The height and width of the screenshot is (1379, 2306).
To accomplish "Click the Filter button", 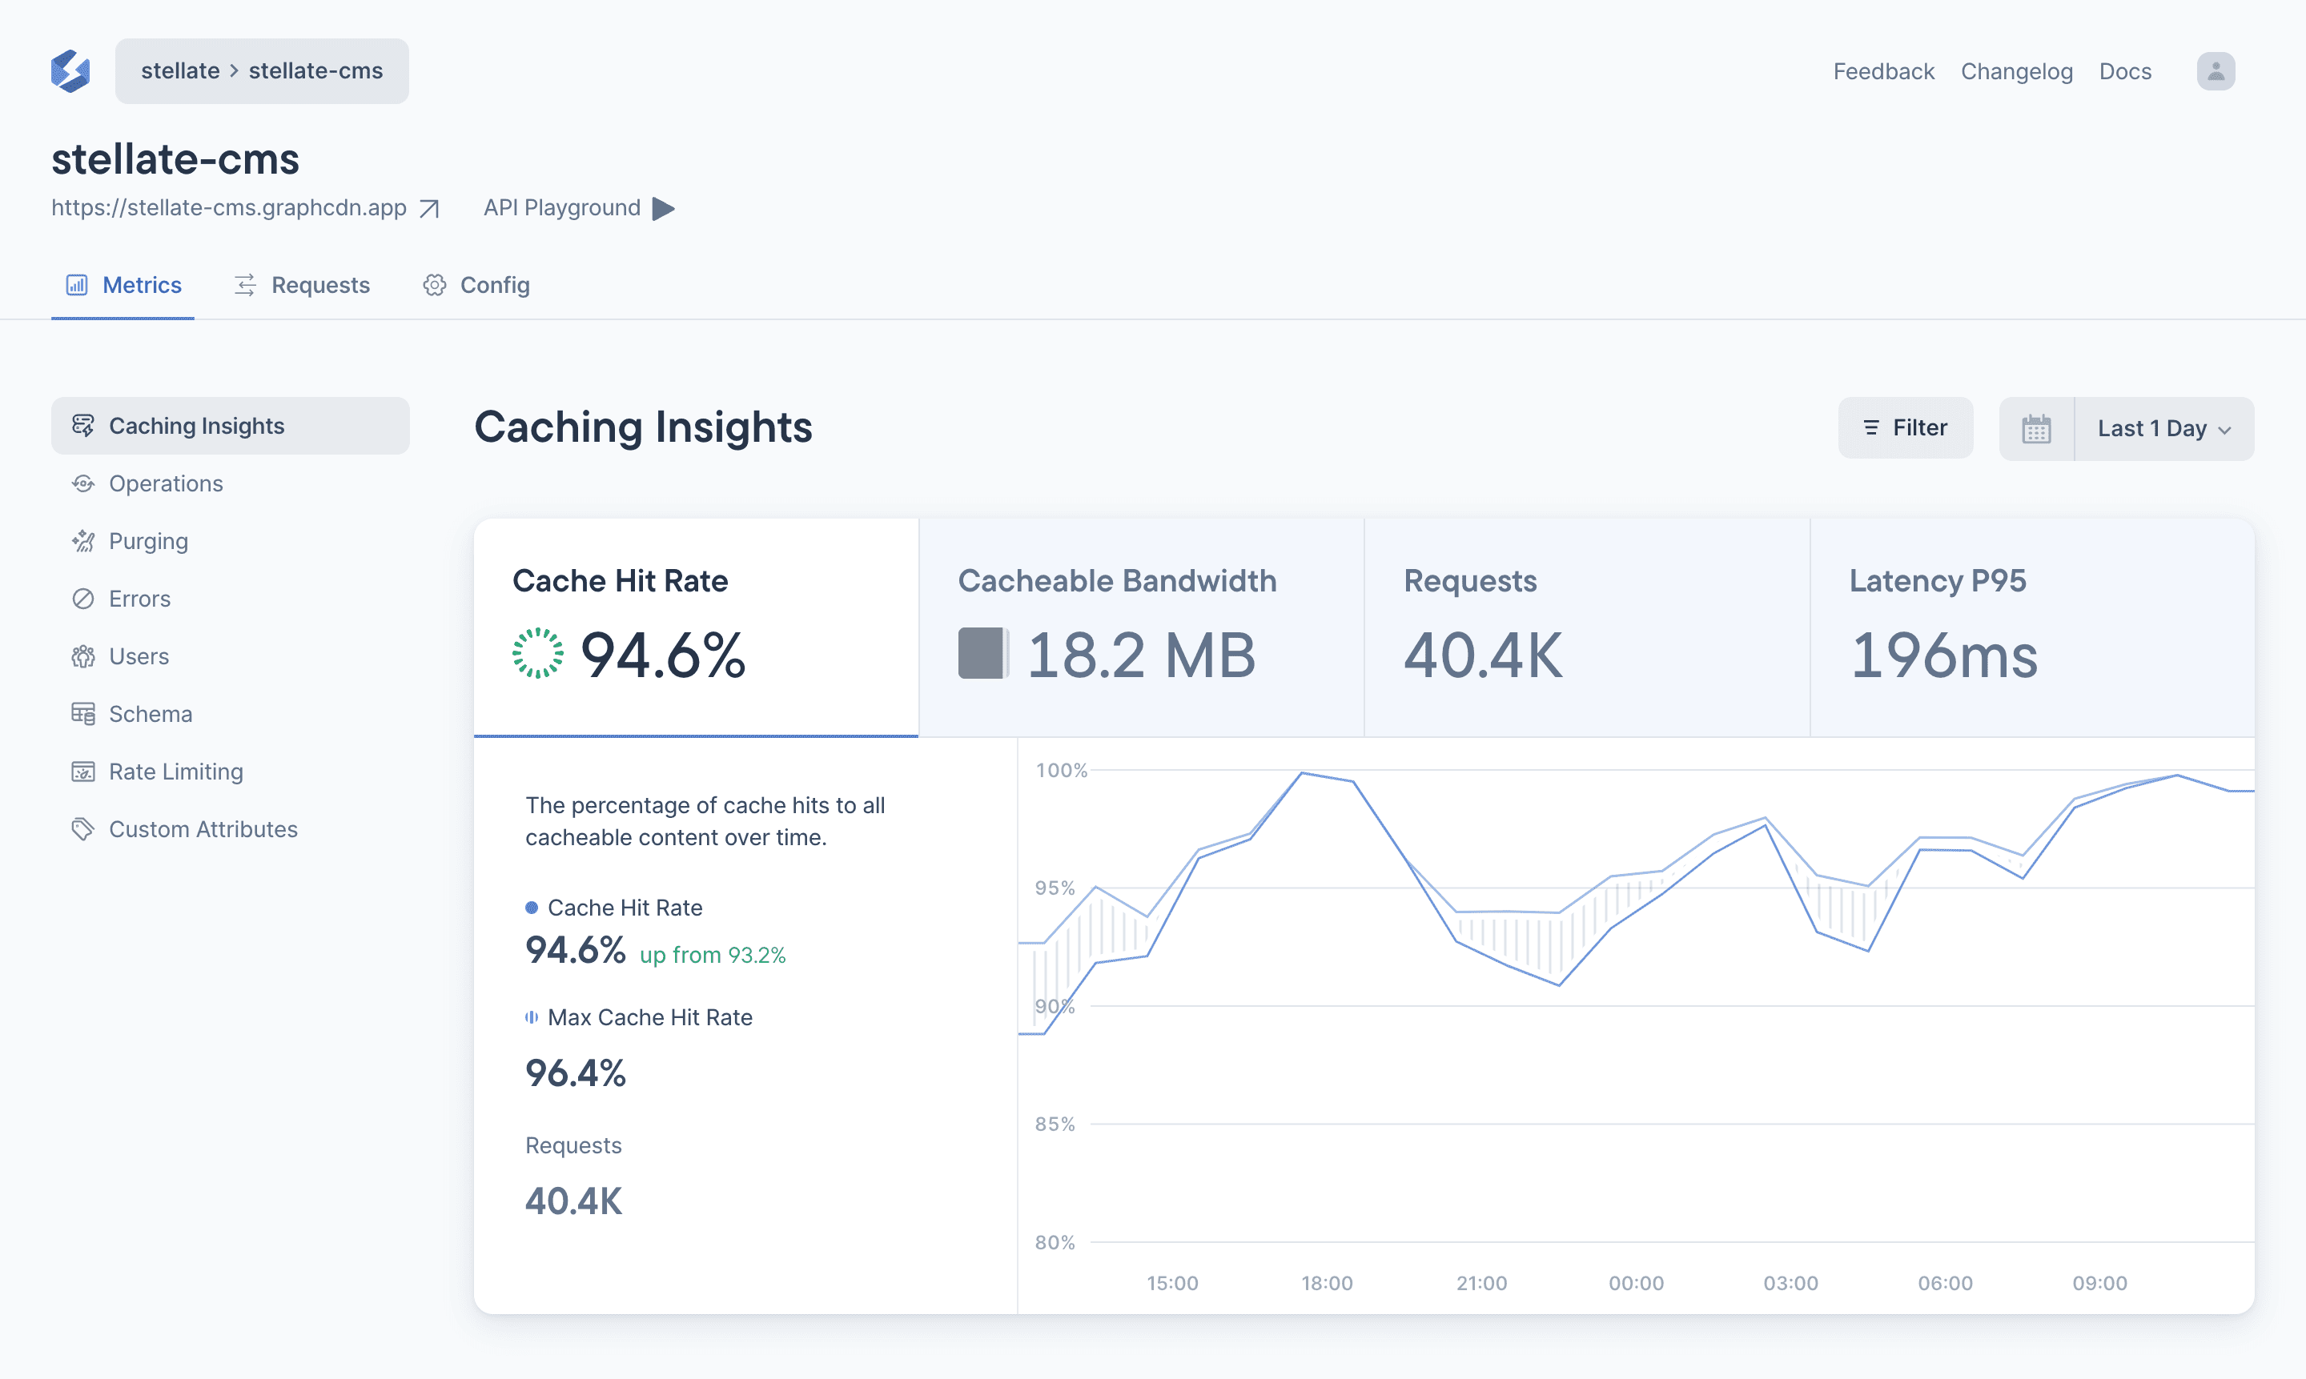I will [1905, 427].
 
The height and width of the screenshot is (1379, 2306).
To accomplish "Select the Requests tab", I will [302, 285].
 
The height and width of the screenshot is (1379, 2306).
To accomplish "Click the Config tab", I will [477, 285].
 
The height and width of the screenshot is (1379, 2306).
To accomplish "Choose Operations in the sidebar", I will [166, 483].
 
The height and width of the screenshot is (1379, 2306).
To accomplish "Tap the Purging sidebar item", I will [148, 541].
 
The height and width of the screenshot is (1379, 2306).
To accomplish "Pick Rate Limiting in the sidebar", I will [175, 772].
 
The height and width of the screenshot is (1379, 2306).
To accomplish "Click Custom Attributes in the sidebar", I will [203, 829].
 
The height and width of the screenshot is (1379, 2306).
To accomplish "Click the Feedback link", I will [1883, 71].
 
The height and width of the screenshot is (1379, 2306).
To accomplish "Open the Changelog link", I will [2016, 71].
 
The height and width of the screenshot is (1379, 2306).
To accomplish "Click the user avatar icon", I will [2215, 71].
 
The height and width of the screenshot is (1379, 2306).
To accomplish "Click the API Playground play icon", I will [664, 208].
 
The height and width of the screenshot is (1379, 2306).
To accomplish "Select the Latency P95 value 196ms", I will [1943, 655].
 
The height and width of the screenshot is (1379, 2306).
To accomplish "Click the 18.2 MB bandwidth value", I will [1140, 655].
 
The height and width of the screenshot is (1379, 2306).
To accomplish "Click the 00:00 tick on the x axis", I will [1636, 1283].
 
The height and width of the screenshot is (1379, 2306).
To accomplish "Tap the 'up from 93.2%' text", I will [712, 956].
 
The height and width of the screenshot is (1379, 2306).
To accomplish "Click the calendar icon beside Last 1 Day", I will [2035, 428].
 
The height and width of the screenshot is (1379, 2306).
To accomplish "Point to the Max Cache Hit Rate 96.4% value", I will [576, 1073].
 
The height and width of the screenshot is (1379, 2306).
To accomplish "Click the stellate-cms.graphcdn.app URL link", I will [229, 208].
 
